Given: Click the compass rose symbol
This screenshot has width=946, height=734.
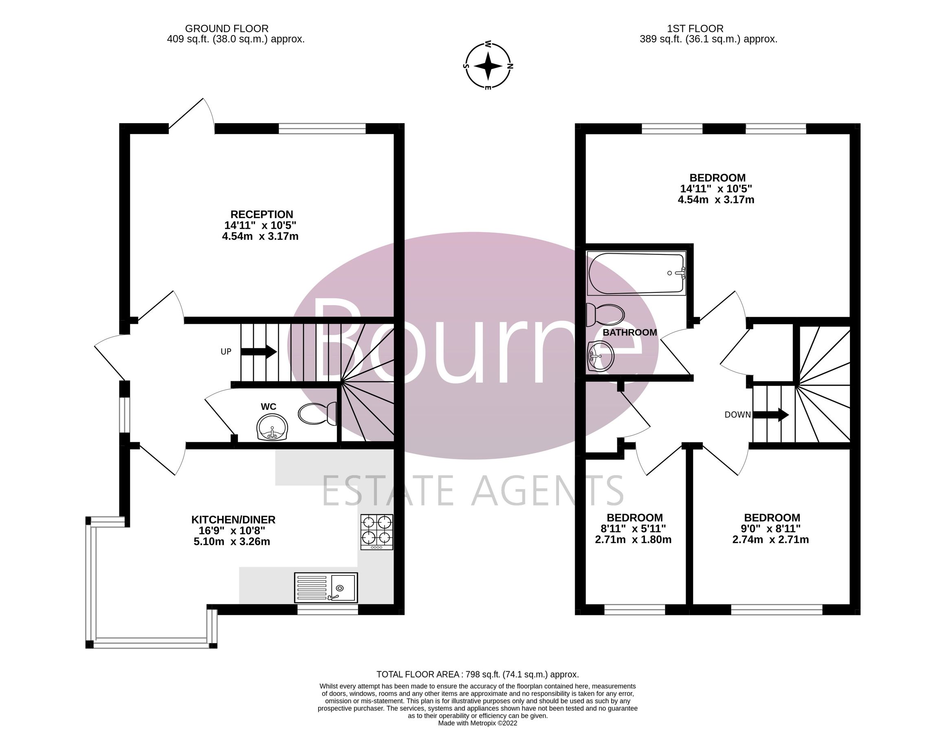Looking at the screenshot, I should click(488, 66).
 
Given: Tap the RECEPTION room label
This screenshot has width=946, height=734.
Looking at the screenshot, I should click(261, 214).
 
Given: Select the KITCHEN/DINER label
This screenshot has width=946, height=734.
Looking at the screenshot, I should click(233, 520).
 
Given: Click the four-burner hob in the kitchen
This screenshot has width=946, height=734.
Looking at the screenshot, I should click(377, 532).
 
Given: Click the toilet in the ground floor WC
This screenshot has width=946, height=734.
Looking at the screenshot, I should click(317, 413).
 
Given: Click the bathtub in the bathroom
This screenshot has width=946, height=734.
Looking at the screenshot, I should click(636, 273).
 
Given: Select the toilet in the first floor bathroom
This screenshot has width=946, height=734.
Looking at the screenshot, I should click(605, 315).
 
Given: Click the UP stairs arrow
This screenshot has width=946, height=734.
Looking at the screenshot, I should click(259, 351).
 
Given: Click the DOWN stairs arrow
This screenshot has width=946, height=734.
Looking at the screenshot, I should click(770, 414).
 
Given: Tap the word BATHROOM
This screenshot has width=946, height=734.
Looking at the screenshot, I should click(630, 332).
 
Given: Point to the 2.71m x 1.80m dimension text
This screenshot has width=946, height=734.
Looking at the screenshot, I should click(633, 540).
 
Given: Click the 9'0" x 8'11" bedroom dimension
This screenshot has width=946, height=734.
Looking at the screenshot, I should click(772, 528).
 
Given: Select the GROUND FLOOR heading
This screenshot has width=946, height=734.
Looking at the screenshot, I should click(227, 29).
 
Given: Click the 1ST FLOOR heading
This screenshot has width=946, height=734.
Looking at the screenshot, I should click(695, 29).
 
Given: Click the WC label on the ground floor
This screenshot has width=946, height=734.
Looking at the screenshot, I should click(268, 407).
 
